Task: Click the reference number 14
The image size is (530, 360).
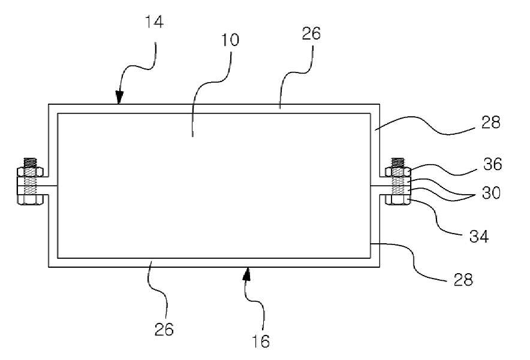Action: (x=154, y=22)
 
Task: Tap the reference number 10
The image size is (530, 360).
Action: (x=230, y=40)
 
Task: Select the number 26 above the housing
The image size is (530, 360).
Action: (x=311, y=34)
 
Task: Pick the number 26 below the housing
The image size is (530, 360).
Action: (x=164, y=329)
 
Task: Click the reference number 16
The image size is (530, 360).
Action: (x=261, y=341)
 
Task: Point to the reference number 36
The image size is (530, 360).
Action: (x=492, y=164)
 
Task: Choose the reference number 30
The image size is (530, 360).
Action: (x=491, y=193)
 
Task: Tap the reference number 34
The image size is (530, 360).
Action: (x=479, y=237)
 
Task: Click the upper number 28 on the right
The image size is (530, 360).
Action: (x=490, y=122)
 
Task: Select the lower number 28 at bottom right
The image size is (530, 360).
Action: (x=463, y=280)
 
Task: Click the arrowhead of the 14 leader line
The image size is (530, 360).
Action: (x=119, y=98)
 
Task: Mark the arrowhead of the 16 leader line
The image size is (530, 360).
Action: (x=248, y=274)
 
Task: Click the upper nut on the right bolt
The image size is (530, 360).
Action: (x=398, y=172)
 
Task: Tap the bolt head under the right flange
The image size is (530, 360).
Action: (x=398, y=200)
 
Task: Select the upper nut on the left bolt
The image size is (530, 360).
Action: (x=30, y=172)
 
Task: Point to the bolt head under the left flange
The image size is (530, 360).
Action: (x=30, y=200)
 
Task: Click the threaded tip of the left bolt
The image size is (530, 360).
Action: (x=30, y=162)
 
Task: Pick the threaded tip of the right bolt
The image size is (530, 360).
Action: (x=398, y=162)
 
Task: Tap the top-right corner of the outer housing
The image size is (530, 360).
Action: (x=380, y=104)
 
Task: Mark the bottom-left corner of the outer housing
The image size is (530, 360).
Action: (x=49, y=267)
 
